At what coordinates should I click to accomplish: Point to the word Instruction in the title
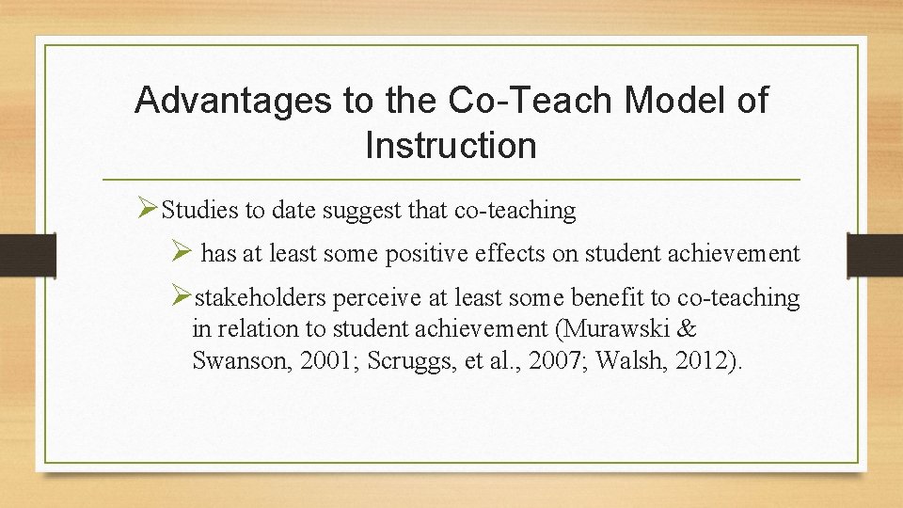pos(451,146)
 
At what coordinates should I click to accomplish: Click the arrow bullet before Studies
pos(147,210)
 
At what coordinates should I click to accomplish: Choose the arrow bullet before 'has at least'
pos(183,253)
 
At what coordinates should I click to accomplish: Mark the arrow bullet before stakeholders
pos(182,297)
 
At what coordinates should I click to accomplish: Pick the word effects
pos(532,254)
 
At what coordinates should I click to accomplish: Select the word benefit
pos(609,298)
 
